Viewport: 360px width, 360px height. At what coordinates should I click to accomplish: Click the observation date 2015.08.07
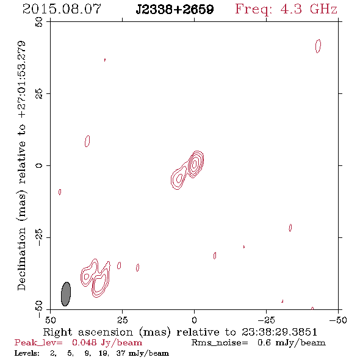click(x=62, y=9)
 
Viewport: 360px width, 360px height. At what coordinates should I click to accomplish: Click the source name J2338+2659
click(x=175, y=10)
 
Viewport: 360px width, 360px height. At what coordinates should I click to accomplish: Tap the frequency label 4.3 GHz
click(x=309, y=9)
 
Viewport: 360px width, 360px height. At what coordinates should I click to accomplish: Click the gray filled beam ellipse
click(x=66, y=294)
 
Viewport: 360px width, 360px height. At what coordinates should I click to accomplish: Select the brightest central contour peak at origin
click(x=195, y=164)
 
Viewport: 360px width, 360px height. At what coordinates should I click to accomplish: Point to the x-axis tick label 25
click(x=122, y=320)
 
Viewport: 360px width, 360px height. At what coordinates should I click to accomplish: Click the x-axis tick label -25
click(x=266, y=320)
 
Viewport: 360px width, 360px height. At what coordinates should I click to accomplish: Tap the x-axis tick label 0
click(x=194, y=320)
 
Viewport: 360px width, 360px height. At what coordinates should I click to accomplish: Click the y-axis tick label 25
click(x=39, y=94)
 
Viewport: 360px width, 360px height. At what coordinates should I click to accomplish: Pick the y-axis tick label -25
click(x=39, y=237)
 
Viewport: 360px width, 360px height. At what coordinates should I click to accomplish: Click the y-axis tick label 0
click(x=39, y=165)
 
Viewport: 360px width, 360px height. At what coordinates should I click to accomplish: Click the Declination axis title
click(x=21, y=166)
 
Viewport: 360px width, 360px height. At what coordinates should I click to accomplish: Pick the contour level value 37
click(x=121, y=353)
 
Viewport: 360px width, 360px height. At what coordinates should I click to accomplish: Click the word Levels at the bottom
click(x=27, y=353)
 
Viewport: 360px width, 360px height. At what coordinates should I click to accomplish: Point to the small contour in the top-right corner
click(x=319, y=46)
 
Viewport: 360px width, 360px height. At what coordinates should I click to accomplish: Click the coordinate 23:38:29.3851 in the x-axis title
click(x=279, y=332)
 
